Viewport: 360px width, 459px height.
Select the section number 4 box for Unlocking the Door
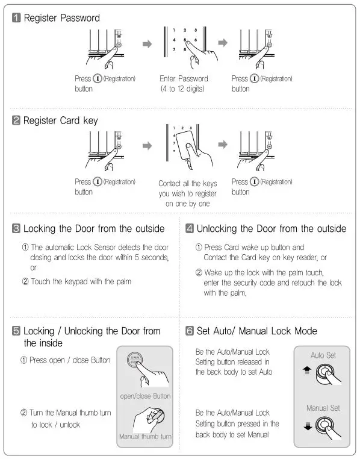190,228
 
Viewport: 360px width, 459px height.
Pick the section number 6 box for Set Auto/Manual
190,331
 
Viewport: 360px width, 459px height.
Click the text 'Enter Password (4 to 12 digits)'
184,84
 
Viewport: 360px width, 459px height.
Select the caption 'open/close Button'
145,396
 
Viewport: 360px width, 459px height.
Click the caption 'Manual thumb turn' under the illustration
145,436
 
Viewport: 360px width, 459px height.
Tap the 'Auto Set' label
323,355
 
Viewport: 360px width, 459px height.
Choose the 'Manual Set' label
323,408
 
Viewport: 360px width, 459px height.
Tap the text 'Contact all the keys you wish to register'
187,189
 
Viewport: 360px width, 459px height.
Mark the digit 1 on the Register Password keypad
173,30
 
